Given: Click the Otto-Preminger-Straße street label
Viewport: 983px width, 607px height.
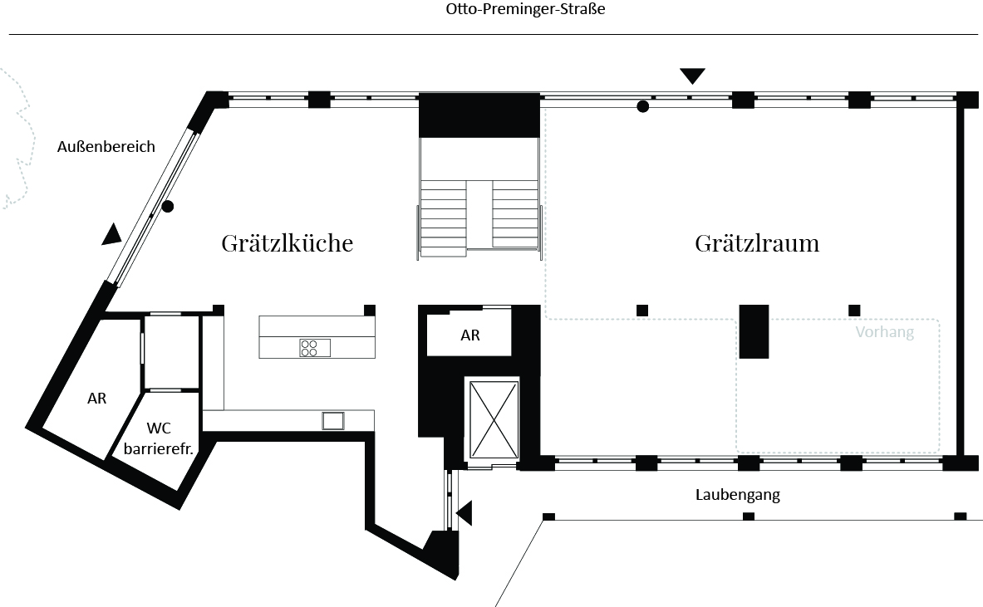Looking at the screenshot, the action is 525,9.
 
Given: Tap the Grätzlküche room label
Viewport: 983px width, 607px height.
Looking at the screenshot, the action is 288,243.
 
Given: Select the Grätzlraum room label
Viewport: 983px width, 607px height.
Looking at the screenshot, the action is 757,243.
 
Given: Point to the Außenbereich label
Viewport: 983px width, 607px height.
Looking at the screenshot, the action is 106,147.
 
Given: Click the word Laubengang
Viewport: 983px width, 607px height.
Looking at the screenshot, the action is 738,495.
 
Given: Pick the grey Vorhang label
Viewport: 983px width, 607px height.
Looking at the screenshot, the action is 885,331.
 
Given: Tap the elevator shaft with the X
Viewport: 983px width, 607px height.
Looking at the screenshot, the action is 494,420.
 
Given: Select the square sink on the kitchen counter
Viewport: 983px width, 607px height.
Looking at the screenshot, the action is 333,420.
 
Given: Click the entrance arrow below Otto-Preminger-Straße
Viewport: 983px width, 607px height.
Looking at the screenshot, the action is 692,76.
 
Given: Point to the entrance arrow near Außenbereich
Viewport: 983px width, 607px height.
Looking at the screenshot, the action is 111,233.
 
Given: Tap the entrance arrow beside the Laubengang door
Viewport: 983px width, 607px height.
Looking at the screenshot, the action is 464,513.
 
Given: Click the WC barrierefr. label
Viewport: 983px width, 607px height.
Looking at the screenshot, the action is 158,438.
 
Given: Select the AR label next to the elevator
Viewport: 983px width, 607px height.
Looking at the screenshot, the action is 470,335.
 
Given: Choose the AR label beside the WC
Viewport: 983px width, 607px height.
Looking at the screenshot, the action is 96,399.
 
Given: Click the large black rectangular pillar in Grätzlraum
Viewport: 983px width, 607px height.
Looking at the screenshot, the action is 754,331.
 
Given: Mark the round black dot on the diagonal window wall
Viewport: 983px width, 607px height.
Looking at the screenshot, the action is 167,206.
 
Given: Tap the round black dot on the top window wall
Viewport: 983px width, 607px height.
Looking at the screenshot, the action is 642,106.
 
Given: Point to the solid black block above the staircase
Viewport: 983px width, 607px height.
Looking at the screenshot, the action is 479,115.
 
